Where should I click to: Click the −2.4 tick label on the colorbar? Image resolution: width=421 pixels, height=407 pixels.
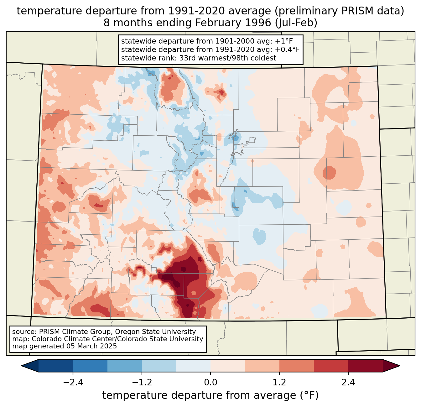73,383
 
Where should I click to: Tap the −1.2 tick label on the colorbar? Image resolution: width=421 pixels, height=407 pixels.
142,383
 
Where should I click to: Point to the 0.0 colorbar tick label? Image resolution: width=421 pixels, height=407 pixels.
210,383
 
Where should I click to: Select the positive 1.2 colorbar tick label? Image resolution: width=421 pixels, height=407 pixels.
279,383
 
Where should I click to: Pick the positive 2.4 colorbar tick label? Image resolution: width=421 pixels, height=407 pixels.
348,383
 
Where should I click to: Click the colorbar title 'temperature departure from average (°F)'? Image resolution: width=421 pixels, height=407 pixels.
210,395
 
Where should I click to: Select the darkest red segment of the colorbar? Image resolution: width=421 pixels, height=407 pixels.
365,366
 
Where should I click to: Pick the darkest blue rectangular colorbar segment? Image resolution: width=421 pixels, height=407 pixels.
56,366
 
